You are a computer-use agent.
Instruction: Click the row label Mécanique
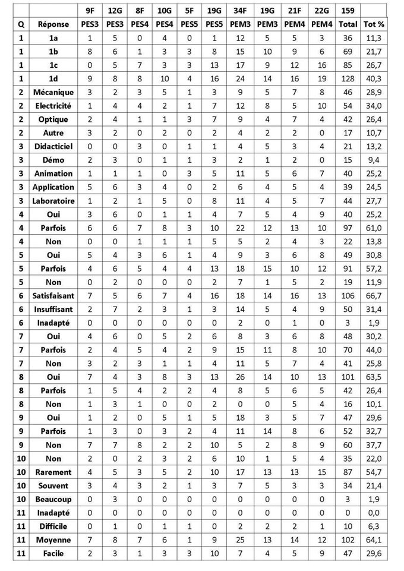(x=53, y=92)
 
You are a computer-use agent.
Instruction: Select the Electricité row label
(x=53, y=106)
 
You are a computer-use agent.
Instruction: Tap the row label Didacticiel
(x=53, y=147)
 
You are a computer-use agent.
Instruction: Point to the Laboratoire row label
(x=53, y=201)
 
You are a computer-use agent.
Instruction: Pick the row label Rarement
(x=53, y=472)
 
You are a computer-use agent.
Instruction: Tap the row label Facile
(x=53, y=554)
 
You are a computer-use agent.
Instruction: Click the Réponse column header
(x=53, y=24)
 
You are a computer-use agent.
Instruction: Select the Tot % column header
(x=374, y=24)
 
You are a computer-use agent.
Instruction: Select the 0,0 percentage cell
(x=374, y=513)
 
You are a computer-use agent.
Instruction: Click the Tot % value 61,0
(x=374, y=228)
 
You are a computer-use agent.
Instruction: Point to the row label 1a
(x=53, y=38)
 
